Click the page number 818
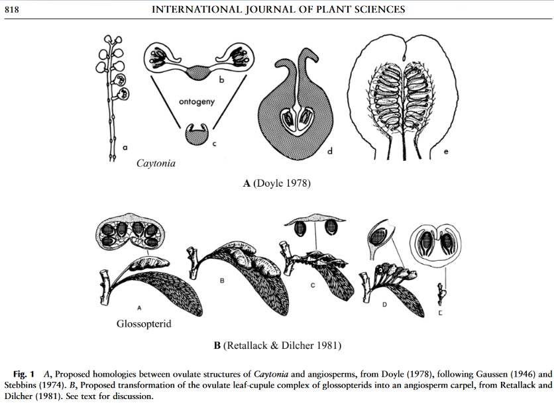tap(11, 9)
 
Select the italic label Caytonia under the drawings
tap(156, 162)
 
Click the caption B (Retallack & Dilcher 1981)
tap(277, 345)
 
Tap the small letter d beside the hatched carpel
tap(329, 152)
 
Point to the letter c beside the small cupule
tap(214, 144)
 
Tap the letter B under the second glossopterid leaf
tap(221, 281)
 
